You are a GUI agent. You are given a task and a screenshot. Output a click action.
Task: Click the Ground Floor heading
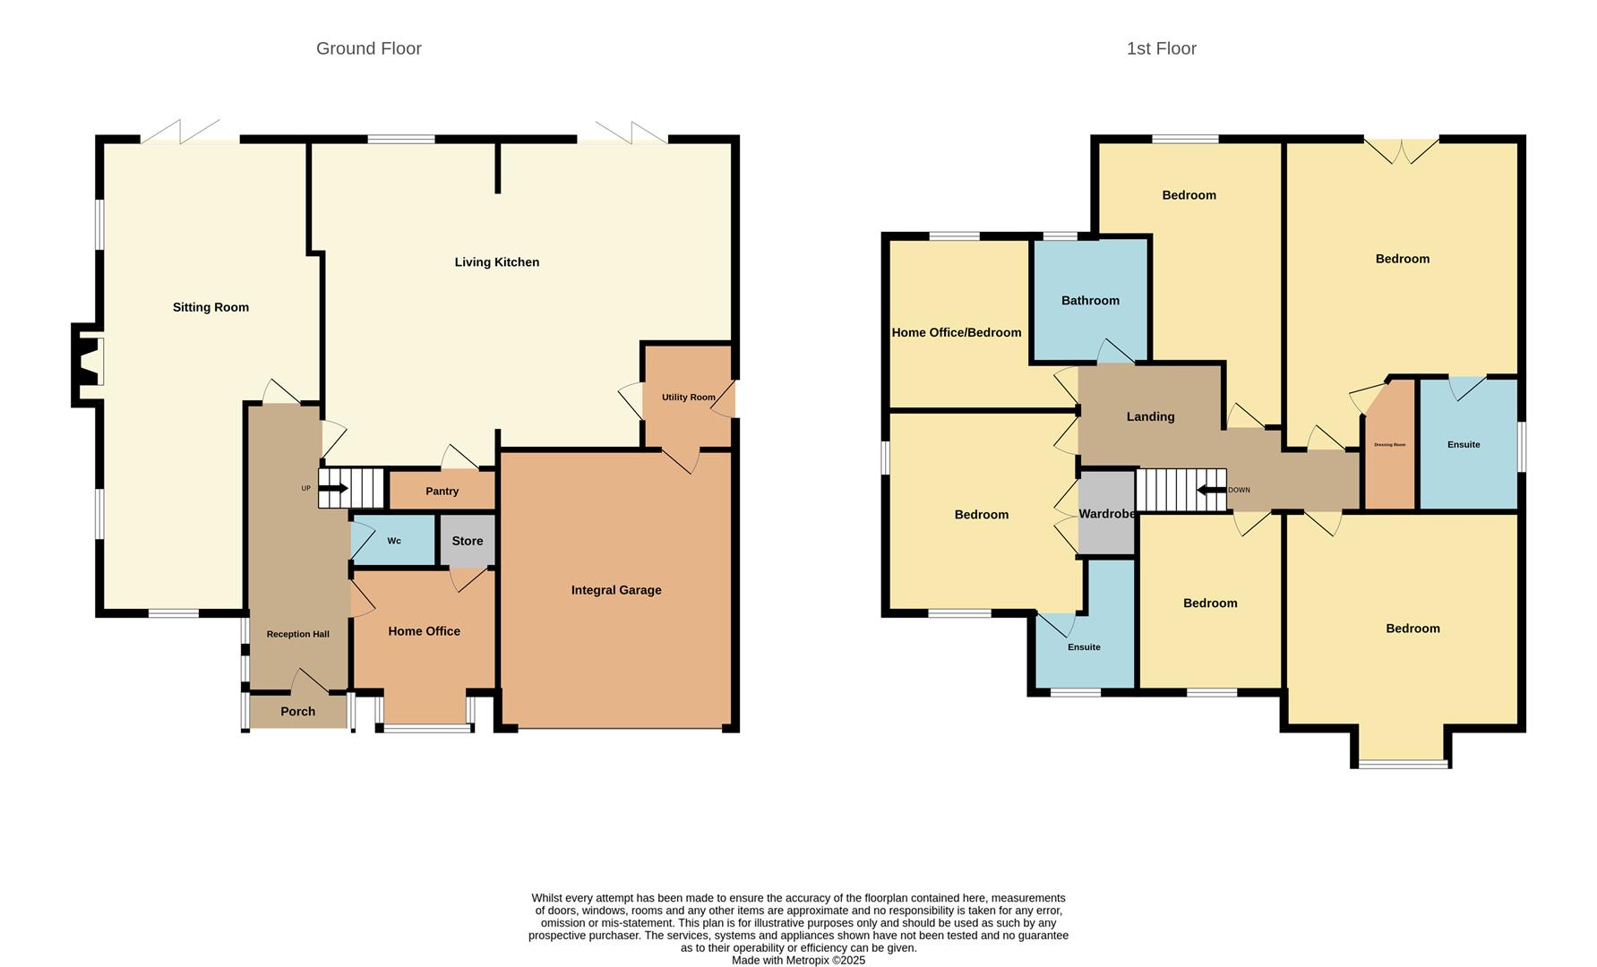pos(368,48)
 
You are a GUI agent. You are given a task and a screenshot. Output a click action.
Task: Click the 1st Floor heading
pos(1161,48)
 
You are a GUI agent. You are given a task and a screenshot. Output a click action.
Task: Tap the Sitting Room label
pos(210,307)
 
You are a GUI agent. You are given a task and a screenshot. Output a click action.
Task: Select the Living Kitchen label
pos(496,262)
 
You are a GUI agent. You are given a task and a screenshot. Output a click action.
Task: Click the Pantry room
pos(442,491)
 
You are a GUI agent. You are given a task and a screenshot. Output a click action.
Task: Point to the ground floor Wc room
pos(394,541)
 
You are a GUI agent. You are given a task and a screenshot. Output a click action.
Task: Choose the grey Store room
pos(467,541)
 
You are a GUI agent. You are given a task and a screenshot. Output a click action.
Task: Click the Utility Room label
pos(688,397)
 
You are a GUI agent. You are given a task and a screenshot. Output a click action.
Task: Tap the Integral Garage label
pos(616,590)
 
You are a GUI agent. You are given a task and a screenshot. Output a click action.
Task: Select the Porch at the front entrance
pos(297,711)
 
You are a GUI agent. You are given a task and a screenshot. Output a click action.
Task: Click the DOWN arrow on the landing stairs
pos(1212,490)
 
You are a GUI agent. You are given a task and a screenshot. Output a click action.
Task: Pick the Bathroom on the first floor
pos(1090,301)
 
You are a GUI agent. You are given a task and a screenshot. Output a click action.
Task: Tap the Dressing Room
pos(1389,445)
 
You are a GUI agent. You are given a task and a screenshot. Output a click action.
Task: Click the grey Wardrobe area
pos(1107,514)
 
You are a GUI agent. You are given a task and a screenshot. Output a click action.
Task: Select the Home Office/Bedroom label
pos(956,332)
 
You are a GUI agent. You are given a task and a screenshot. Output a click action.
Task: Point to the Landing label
pos(1150,416)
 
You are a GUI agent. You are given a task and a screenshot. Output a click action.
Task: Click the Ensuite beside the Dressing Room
pos(1464,444)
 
